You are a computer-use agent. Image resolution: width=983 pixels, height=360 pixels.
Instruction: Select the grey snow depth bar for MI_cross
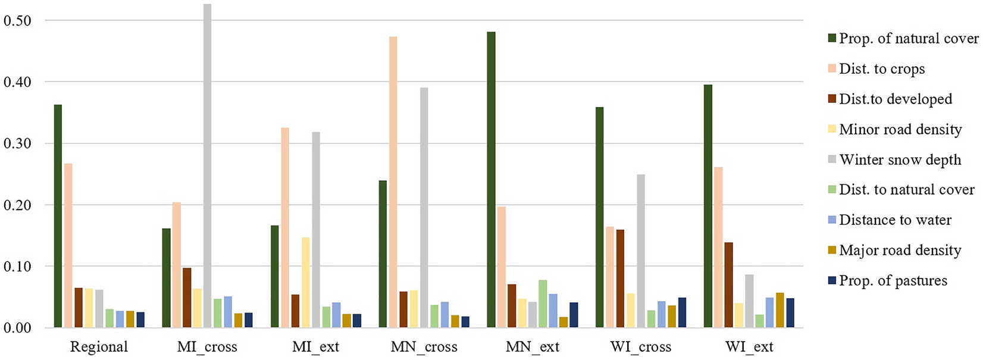click(207, 166)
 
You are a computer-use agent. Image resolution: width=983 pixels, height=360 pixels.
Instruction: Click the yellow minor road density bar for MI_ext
click(305, 283)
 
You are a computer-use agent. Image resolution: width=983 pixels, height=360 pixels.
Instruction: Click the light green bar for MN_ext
click(543, 304)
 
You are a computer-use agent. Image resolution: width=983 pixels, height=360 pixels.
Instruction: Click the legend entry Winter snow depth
click(900, 159)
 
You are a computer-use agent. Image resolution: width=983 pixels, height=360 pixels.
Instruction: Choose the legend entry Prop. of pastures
click(893, 280)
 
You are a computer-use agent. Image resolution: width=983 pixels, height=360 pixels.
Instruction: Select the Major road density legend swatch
click(832, 251)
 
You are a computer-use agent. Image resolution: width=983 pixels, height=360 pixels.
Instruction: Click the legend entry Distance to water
click(895, 220)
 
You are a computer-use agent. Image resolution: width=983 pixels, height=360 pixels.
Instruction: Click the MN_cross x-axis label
click(424, 347)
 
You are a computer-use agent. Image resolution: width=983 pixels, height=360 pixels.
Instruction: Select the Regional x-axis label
click(99, 347)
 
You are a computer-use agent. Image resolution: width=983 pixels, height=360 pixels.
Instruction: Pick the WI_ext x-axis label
click(749, 347)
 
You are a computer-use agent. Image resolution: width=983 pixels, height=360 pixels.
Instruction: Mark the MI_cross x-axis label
click(207, 347)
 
